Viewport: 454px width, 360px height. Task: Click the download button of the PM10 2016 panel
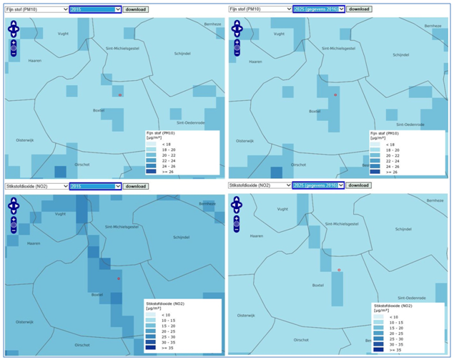(136, 9)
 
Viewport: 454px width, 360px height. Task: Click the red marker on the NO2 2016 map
(119, 278)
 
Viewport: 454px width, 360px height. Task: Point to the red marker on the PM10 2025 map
(335, 94)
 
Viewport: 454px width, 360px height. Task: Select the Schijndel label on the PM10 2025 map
(400, 54)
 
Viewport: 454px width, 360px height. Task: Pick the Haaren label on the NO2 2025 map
(255, 236)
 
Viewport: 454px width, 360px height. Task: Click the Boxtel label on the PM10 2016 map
(99, 110)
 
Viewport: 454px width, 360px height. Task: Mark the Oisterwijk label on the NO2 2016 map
(25, 321)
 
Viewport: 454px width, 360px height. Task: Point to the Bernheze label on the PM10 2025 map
(432, 25)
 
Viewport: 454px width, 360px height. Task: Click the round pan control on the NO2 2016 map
(14, 206)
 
